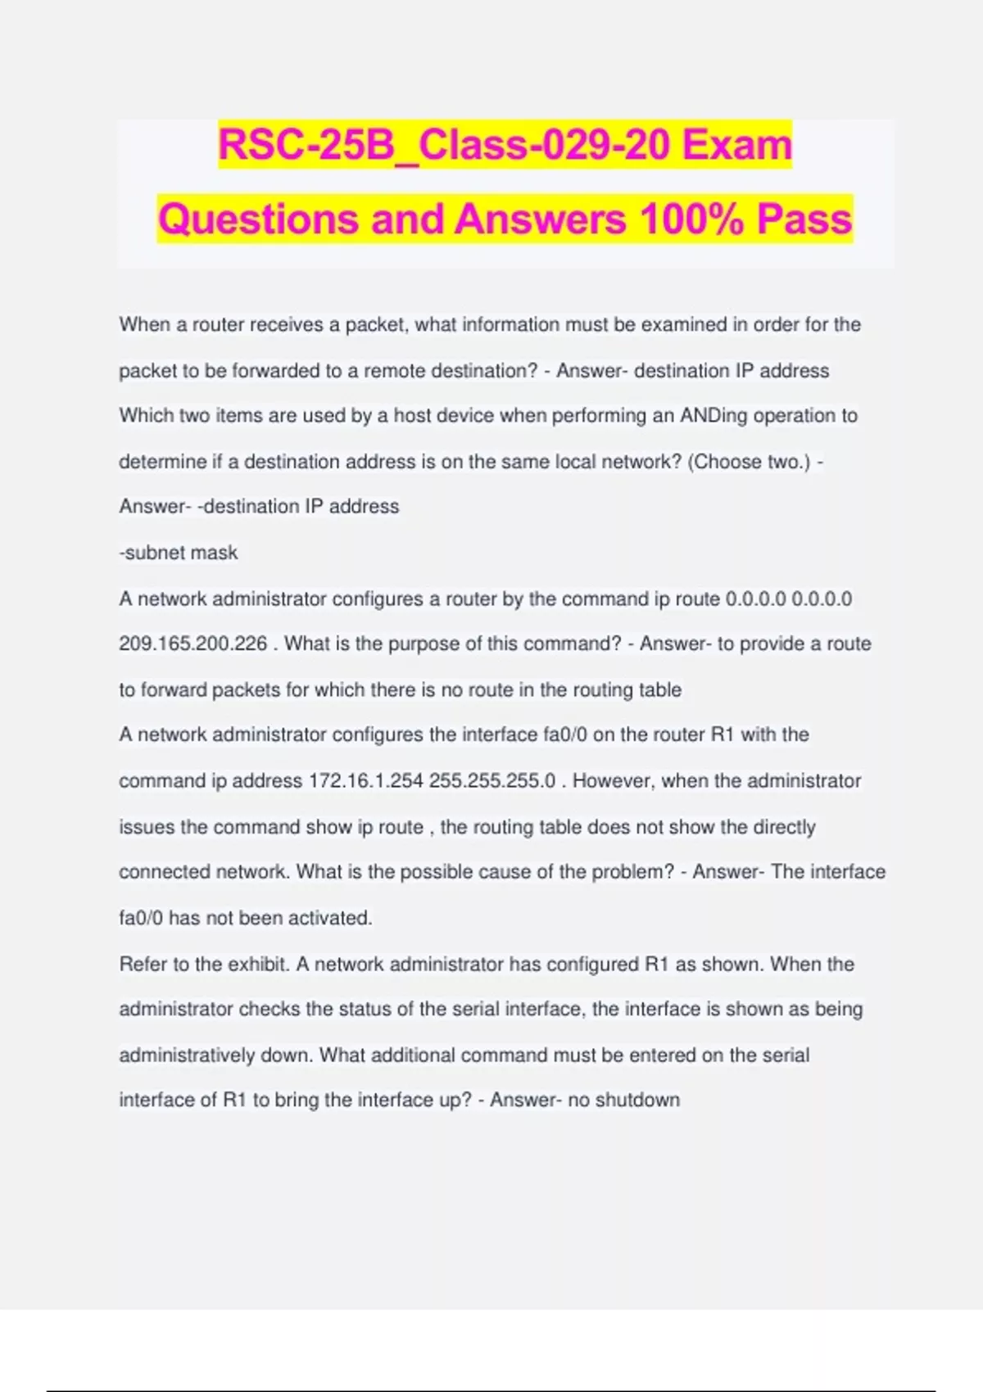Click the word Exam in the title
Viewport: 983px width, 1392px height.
click(x=737, y=145)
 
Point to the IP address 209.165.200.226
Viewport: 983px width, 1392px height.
click(x=193, y=644)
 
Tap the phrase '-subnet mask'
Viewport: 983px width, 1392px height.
click(x=179, y=553)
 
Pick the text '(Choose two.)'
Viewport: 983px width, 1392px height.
click(x=749, y=462)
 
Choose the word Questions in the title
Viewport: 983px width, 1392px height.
click(x=259, y=219)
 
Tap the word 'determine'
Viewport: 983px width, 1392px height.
click(x=162, y=462)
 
